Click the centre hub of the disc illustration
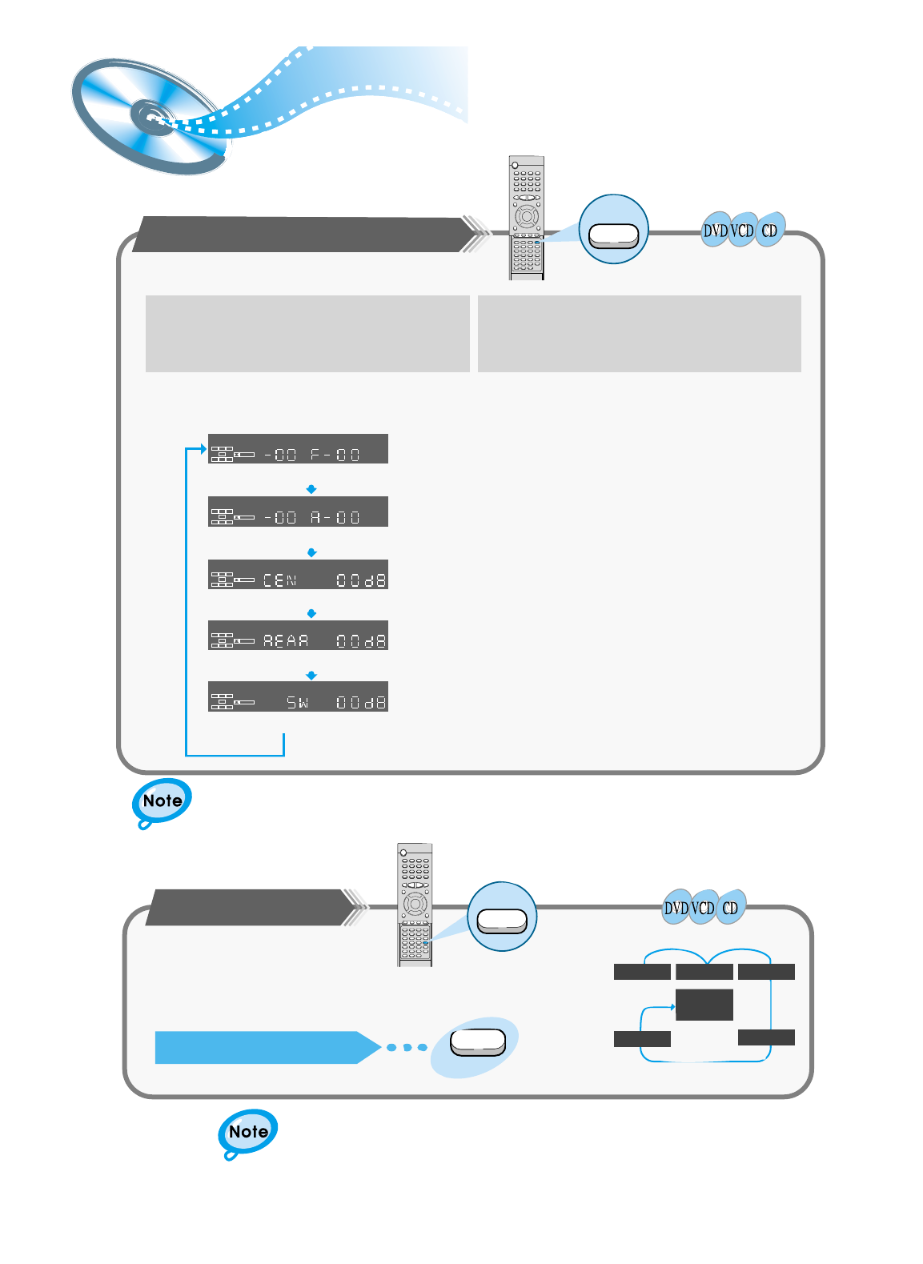151,117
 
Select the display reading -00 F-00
298,449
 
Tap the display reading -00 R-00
298,512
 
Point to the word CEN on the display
280,580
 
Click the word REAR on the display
286,640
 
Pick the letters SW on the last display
298,703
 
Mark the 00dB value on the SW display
361,703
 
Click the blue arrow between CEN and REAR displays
312,613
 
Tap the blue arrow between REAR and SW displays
312,676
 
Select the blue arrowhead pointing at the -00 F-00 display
203,449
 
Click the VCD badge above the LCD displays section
742,231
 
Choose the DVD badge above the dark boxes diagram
676,909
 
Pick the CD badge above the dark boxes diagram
730,909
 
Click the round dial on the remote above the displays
526,216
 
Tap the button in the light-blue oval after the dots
478,1042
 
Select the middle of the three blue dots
407,1047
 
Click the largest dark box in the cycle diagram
704,1005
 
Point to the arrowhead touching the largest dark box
672,1007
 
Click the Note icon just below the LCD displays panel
162,801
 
